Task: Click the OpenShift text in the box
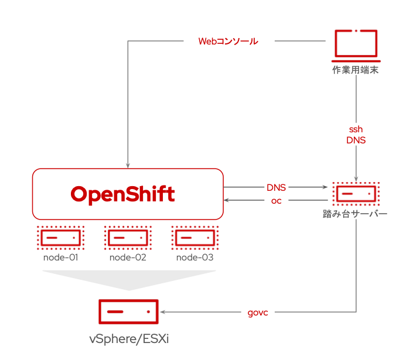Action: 123,194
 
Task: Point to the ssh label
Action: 356,129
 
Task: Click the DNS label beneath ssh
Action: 356,140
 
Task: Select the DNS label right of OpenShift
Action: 276,187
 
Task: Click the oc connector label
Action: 276,201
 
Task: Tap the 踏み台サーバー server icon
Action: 356,193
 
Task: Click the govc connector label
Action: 258,312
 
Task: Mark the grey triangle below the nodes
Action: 129,279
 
